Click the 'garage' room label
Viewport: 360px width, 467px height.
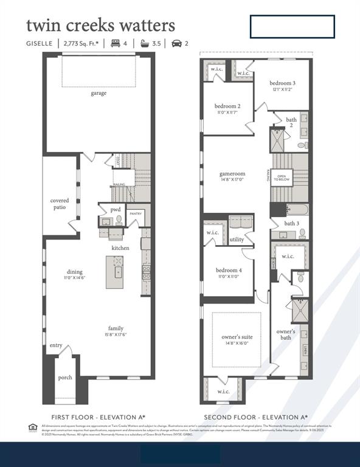tap(99, 93)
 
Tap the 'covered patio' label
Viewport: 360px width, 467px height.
tap(60, 204)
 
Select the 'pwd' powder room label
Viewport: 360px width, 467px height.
tap(116, 209)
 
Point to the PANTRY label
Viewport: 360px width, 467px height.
tap(136, 213)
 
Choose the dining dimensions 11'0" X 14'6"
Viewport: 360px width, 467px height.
tap(75, 278)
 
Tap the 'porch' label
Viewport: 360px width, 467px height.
tap(65, 378)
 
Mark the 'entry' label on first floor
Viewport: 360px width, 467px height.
tap(56, 345)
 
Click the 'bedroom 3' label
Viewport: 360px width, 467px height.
tap(283, 83)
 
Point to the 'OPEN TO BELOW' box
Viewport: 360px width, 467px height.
tap(282, 177)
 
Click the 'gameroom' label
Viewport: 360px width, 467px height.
tap(232, 174)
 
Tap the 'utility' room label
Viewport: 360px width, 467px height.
tap(237, 239)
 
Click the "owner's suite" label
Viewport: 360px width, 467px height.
tap(237, 337)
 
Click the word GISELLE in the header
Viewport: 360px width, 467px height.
tap(40, 43)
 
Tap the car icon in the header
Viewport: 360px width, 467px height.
tap(177, 43)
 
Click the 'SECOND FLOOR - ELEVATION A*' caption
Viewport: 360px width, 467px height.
tap(255, 417)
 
